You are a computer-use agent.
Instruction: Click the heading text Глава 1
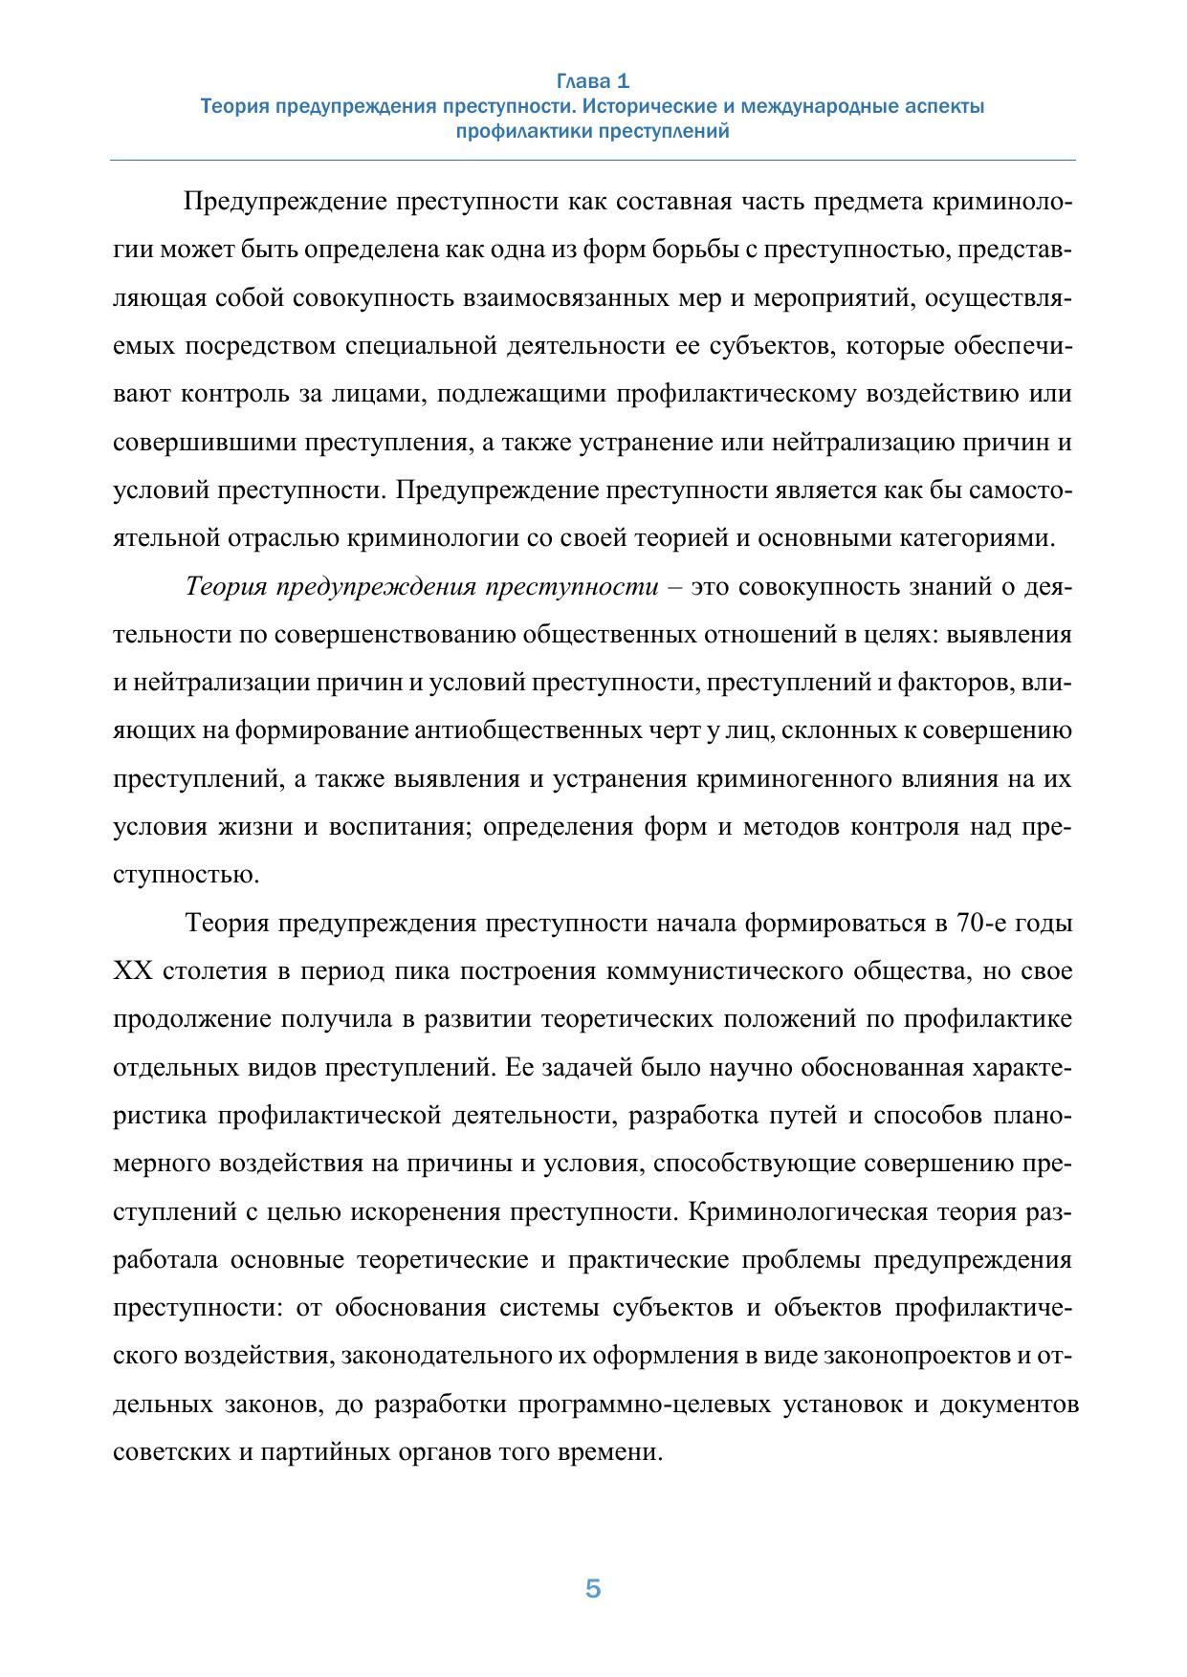592,82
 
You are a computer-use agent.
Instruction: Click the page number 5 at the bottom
592,1589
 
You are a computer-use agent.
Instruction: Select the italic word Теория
225,587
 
